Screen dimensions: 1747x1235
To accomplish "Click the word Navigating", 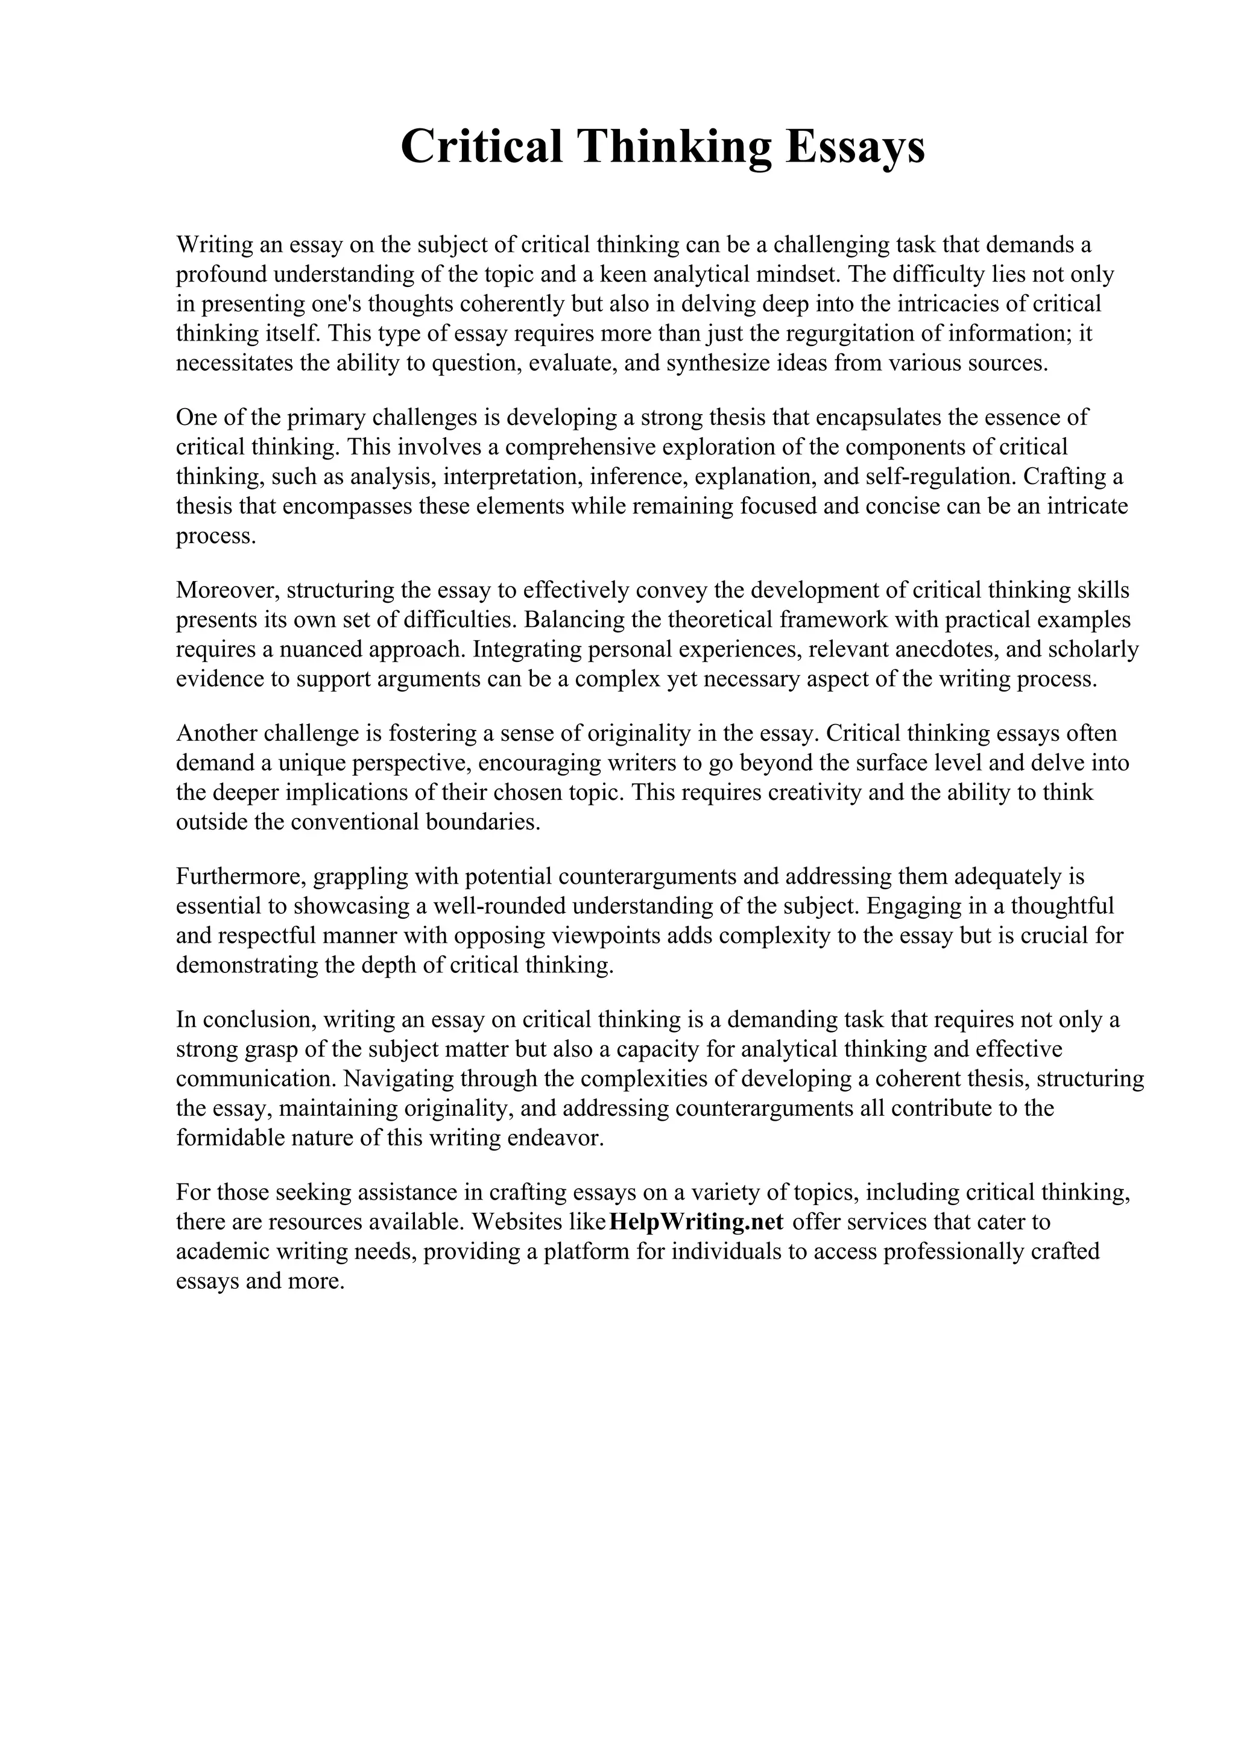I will (x=397, y=1078).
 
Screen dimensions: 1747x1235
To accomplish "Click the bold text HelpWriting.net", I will (x=696, y=1221).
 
